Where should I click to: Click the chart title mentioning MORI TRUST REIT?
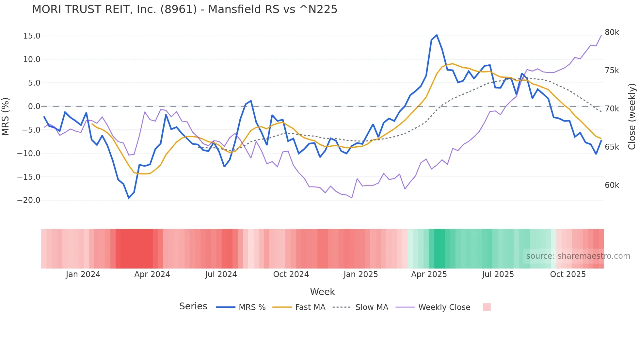184,9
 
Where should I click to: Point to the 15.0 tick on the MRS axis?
32,36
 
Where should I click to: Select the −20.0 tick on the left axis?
29,200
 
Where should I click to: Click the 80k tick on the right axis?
612,32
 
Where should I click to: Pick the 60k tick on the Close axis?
612,185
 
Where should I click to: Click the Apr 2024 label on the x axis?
152,274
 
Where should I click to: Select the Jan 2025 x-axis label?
360,274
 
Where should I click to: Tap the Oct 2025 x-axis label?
568,274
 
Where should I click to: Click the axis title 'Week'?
322,292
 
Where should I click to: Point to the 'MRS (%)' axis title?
6,117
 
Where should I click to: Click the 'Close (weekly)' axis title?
632,117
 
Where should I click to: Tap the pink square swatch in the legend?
487,307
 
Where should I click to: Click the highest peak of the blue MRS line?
437,35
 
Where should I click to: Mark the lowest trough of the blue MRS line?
129,198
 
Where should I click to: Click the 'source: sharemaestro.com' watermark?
578,256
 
